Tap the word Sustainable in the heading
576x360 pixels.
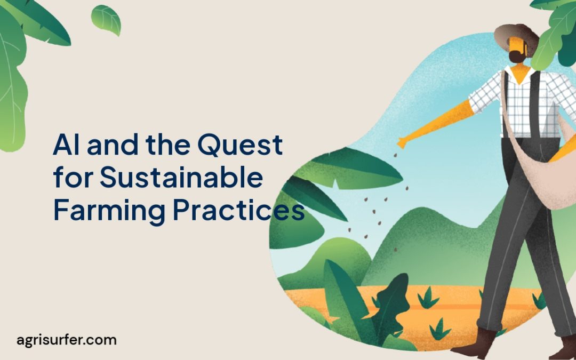coord(181,178)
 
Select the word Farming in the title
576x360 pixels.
coord(109,211)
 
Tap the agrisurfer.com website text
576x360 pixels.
coord(66,340)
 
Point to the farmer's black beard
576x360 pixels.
coord(515,56)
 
